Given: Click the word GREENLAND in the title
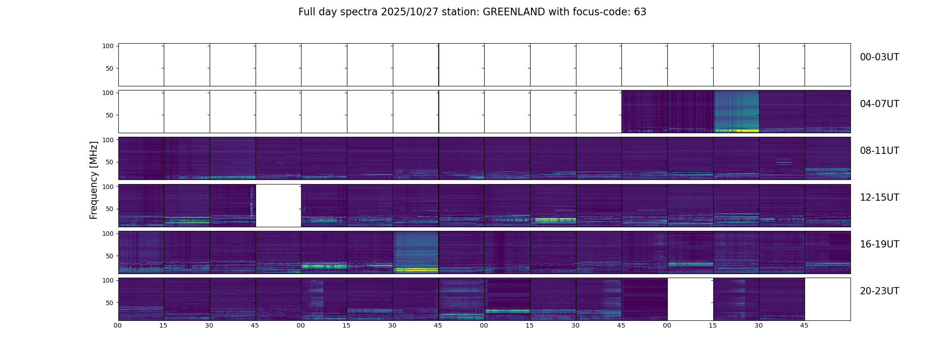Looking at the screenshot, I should (514, 12).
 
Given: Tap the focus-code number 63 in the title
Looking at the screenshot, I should (640, 12).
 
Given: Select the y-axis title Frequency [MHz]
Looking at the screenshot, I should (94, 180).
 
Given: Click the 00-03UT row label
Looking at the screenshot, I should (879, 57).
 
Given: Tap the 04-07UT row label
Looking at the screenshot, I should (879, 104).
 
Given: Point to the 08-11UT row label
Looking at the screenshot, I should (879, 151).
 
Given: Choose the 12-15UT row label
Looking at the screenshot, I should (879, 198).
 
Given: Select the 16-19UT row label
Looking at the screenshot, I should (879, 244).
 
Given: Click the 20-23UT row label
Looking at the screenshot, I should (879, 291).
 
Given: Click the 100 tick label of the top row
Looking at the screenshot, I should (108, 46).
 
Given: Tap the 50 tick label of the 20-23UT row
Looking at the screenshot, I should (109, 303).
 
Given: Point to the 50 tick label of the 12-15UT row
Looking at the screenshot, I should (109, 209).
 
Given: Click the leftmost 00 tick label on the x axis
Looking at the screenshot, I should (118, 325).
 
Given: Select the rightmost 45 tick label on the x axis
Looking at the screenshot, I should (804, 325).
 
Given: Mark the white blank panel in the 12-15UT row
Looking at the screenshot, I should (278, 205).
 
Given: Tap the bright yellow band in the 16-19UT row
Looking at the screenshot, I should (416, 270).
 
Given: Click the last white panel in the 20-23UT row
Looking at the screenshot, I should (827, 299).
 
